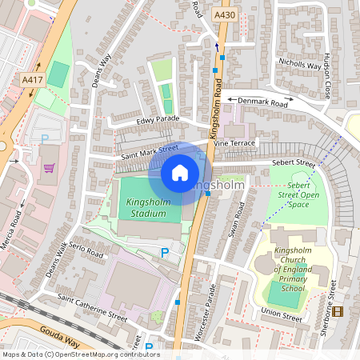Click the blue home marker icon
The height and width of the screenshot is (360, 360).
[180, 173]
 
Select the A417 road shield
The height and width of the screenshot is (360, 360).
[33, 79]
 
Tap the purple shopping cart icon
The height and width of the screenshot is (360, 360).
[50, 168]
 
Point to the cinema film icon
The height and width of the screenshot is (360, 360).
[338, 311]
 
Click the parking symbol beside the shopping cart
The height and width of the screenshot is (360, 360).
[45, 138]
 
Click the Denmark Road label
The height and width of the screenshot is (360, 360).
[262, 102]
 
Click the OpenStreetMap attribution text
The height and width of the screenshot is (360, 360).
[80, 354]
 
